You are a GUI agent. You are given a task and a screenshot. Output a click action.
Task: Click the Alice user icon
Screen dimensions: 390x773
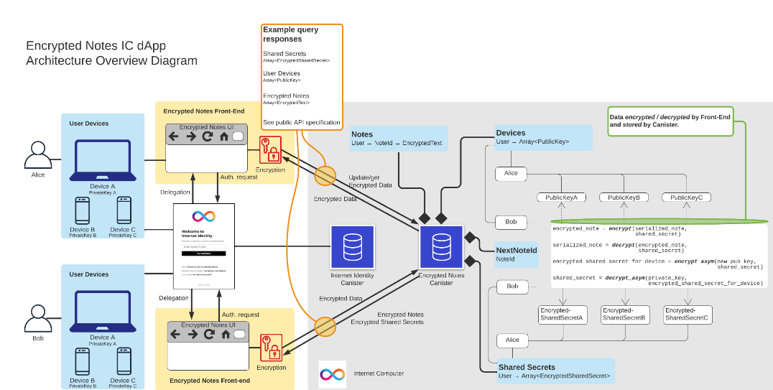(37, 155)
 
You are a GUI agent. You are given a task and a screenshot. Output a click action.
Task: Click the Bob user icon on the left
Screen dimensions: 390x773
(37, 319)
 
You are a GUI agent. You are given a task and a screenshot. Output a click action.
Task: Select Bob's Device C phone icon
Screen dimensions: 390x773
(124, 362)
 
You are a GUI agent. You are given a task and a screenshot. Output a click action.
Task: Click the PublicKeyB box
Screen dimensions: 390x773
(624, 198)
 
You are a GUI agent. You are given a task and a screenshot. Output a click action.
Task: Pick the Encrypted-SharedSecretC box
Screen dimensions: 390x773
(686, 314)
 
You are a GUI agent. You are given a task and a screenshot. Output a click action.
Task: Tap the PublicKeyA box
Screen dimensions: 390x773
(562, 198)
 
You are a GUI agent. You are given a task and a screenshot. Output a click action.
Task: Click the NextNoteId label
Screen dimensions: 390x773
(516, 250)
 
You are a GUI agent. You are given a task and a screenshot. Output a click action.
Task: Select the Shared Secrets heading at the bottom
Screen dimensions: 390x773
(527, 367)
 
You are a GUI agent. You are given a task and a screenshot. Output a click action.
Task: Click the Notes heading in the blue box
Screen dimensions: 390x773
(362, 134)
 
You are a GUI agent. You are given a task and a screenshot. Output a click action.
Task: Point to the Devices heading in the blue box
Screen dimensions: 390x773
(511, 133)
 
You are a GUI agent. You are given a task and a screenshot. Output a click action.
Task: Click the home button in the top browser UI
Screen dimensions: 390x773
(224, 136)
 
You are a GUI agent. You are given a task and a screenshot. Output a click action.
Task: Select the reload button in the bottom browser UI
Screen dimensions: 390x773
(209, 334)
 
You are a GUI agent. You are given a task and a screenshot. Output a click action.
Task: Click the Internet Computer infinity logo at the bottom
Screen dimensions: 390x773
(332, 374)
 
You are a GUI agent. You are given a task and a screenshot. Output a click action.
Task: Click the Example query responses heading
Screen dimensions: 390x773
(290, 34)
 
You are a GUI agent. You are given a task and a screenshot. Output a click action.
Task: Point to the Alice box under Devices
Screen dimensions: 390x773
(511, 173)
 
